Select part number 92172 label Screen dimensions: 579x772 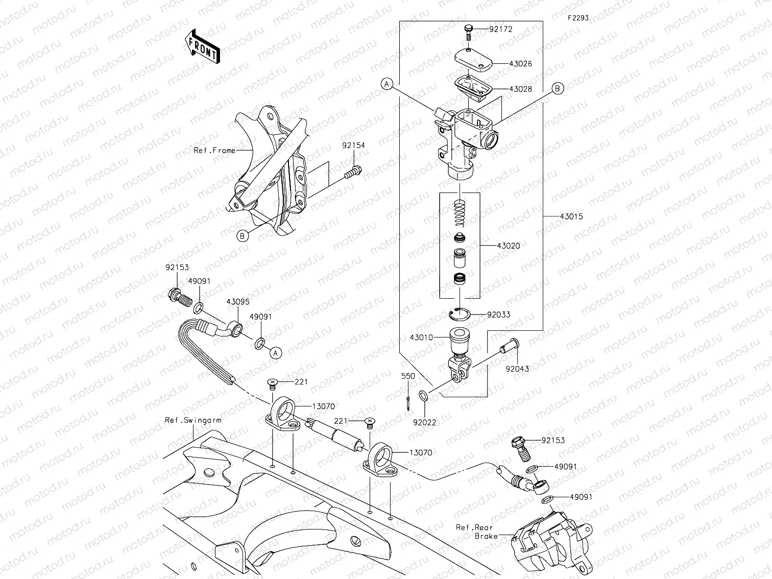[x=500, y=29]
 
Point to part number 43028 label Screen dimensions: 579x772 [x=520, y=89]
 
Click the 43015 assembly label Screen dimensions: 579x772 [x=571, y=216]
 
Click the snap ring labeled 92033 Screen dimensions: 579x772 [x=459, y=314]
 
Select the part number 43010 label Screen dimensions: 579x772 [x=421, y=338]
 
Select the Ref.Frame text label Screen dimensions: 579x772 [x=214, y=151]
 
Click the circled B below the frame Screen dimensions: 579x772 [x=243, y=235]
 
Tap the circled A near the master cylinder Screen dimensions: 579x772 [x=387, y=85]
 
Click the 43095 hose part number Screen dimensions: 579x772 [x=238, y=302]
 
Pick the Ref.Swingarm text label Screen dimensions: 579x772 [x=193, y=420]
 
